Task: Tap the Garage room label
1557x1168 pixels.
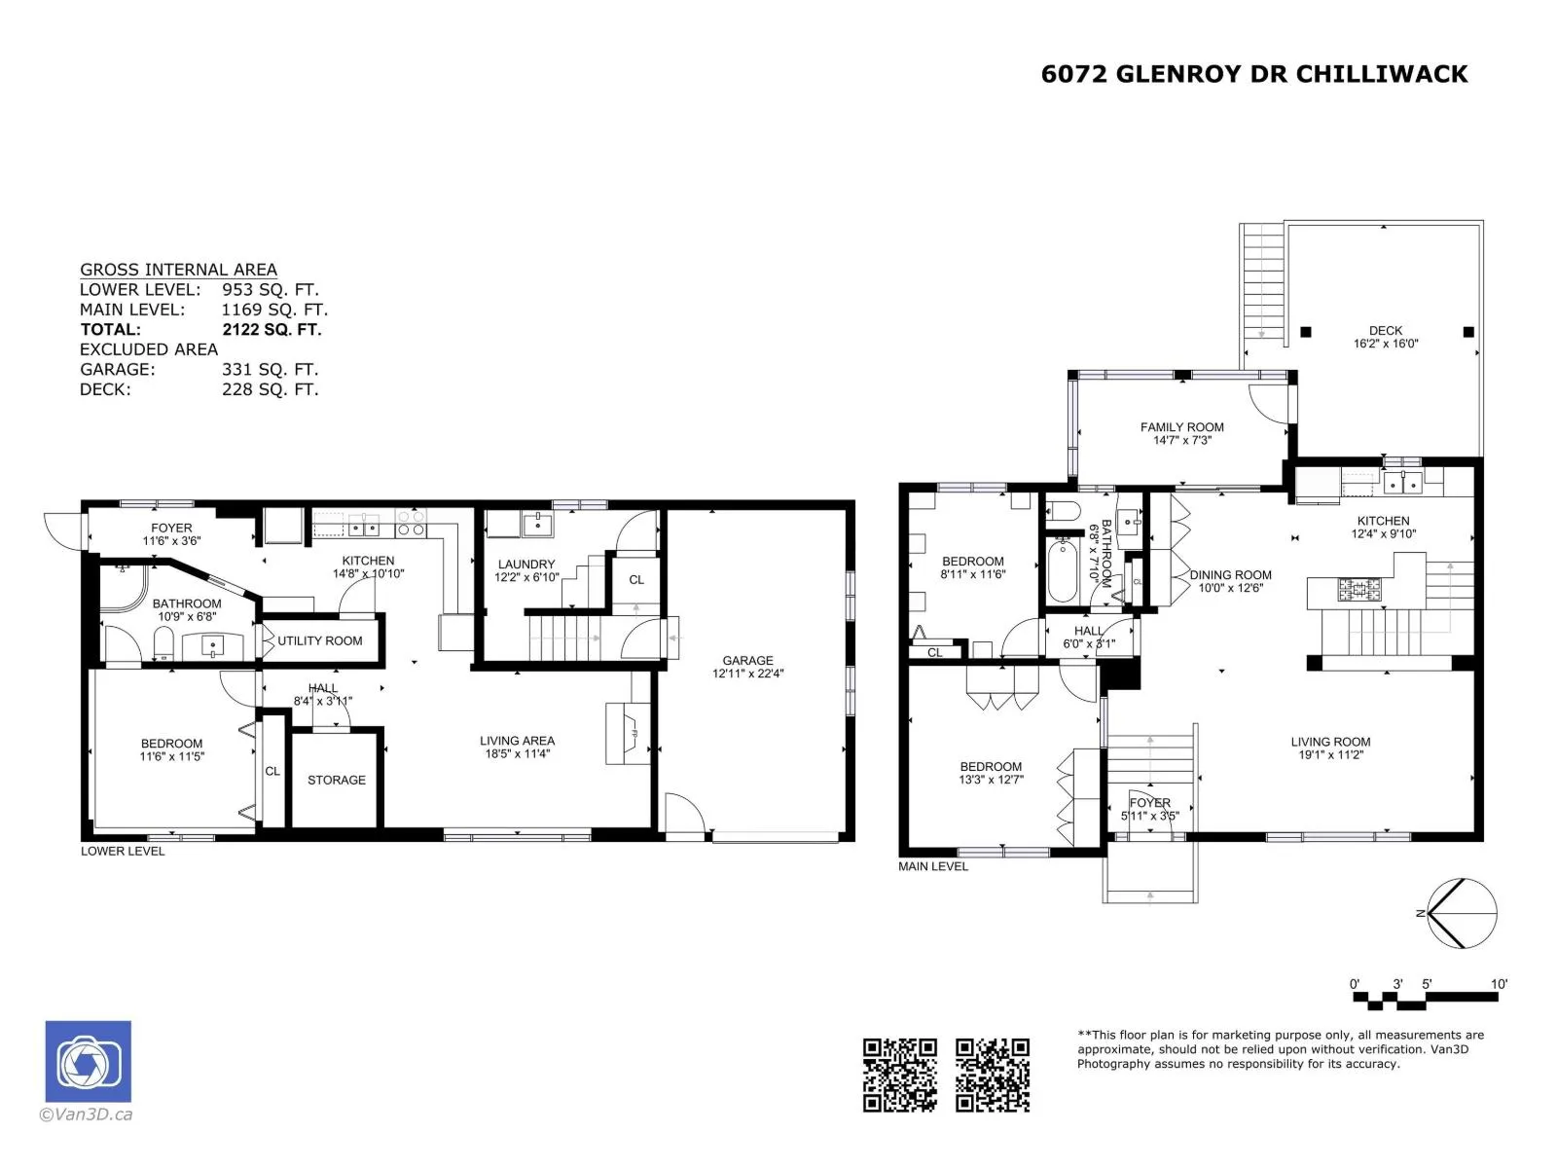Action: coord(747,660)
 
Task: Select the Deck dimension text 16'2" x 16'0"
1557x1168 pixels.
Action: coord(1386,344)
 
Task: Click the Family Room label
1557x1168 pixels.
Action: coord(1181,427)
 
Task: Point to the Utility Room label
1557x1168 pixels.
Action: coord(320,641)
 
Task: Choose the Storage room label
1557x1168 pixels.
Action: coord(337,780)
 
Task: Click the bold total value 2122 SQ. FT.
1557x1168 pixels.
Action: coord(272,330)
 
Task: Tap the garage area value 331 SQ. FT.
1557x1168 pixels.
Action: coord(271,370)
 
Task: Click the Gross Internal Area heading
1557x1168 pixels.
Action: coord(178,270)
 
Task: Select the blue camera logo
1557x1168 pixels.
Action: coord(88,1061)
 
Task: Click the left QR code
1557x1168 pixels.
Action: coord(899,1076)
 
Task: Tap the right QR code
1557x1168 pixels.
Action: coord(993,1076)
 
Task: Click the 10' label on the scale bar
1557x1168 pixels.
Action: coord(1499,984)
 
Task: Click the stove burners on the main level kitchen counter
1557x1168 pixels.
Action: coord(1359,589)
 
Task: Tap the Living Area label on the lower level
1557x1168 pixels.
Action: coord(517,741)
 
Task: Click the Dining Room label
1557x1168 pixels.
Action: coord(1231,575)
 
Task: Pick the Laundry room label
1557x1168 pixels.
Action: coord(526,565)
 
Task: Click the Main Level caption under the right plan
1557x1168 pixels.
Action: coord(933,866)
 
